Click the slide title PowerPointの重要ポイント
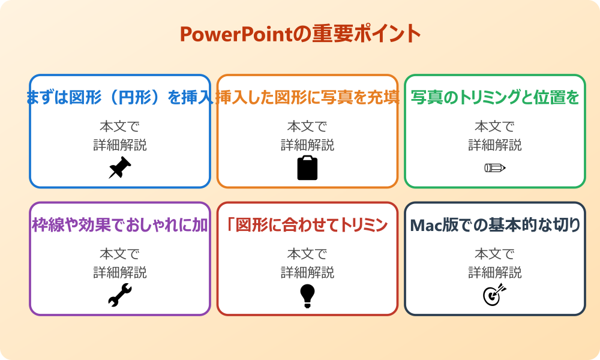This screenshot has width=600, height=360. [300, 34]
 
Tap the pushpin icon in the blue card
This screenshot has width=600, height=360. [119, 168]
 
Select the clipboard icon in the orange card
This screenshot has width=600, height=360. [307, 168]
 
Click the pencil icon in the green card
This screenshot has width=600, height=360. [494, 167]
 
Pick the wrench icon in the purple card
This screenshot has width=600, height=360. [119, 296]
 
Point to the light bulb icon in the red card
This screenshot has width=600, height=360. [307, 296]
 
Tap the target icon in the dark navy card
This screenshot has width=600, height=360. [494, 295]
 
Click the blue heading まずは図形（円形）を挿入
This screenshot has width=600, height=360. [120, 98]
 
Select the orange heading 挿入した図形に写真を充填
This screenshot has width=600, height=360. [307, 98]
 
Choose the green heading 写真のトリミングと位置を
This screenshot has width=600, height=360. [495, 98]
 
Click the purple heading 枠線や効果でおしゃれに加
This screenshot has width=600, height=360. [120, 226]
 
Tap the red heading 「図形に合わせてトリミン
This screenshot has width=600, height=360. [307, 226]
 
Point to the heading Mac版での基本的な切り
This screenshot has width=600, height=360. [495, 226]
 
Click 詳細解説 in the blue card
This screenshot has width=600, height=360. [120, 145]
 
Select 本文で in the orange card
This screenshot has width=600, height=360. [307, 127]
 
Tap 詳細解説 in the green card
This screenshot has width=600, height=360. [495, 145]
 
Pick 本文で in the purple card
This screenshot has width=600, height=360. [120, 254]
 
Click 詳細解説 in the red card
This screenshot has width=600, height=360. [307, 272]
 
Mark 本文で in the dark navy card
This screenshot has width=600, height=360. [495, 254]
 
